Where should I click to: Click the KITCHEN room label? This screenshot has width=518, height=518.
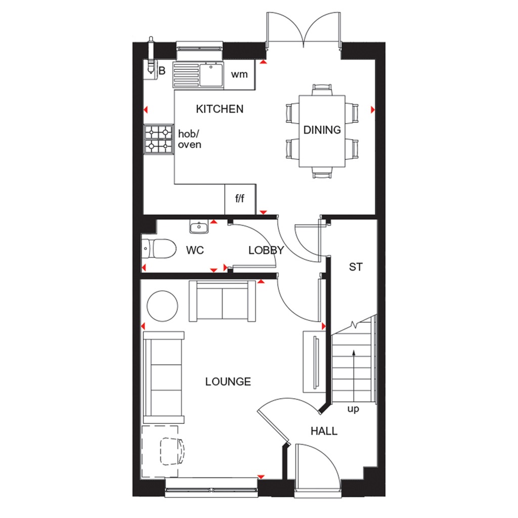[220, 109]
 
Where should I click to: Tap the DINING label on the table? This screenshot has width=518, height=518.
[322, 130]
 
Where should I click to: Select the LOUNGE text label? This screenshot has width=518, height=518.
[228, 381]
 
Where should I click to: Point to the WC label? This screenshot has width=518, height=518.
[195, 250]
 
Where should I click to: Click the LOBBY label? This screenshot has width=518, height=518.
[266, 250]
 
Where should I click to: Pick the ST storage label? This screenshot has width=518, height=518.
[356, 267]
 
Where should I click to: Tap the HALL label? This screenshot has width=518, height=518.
[324, 431]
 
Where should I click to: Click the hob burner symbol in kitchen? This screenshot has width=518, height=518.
[158, 139]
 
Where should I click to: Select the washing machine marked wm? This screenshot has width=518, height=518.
[239, 75]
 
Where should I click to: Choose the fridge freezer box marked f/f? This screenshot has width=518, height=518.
[240, 198]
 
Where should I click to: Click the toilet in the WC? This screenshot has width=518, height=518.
[158, 249]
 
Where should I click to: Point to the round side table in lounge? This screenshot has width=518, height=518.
[162, 305]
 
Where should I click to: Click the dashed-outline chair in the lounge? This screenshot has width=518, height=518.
[172, 451]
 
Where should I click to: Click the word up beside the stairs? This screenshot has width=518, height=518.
[353, 409]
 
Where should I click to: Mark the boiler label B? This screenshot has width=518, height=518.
[162, 71]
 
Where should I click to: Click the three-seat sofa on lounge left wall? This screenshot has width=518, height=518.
[163, 377]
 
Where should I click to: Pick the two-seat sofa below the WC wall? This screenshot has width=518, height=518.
[222, 301]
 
